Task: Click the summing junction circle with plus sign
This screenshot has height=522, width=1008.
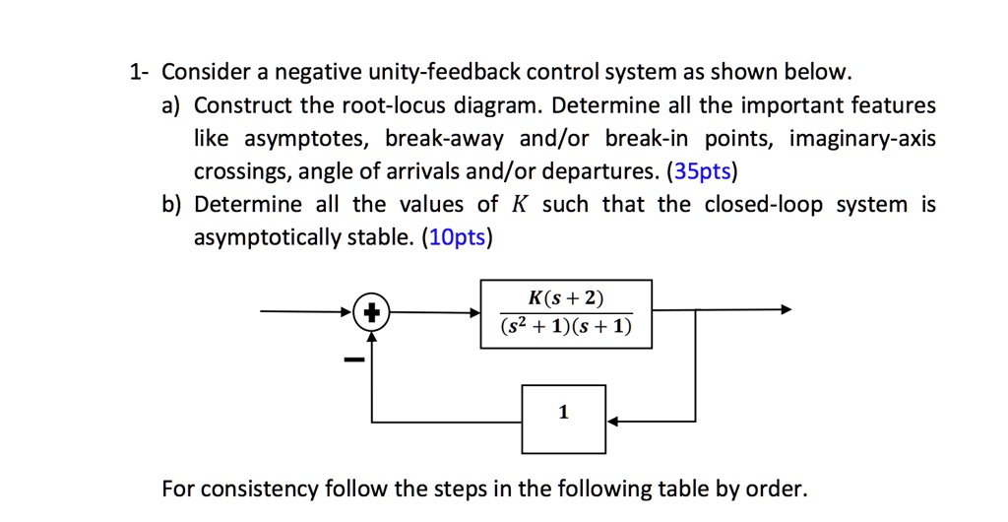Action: pyautogui.click(x=372, y=313)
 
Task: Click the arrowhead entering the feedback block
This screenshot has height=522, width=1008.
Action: pyautogui.click(x=612, y=421)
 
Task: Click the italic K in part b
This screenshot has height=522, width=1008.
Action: pyautogui.click(x=520, y=205)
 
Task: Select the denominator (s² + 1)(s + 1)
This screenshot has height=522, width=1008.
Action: pyautogui.click(x=565, y=327)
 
